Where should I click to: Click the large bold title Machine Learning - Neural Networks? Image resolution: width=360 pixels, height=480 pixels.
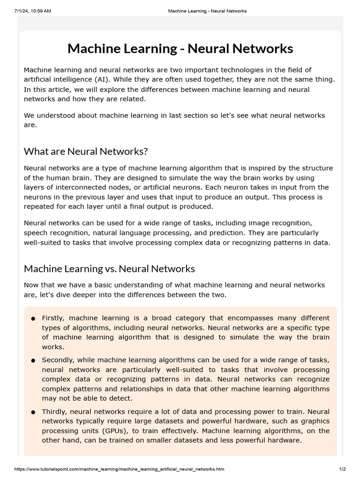pyautogui.click(x=180, y=49)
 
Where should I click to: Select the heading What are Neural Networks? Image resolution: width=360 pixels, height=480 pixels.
pyautogui.click(x=86, y=151)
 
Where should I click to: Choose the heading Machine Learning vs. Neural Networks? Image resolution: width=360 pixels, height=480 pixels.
pyautogui.click(x=109, y=269)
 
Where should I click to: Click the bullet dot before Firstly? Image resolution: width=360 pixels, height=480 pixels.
pyautogui.click(x=33, y=319)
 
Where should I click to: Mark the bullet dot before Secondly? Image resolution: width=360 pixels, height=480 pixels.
pyautogui.click(x=33, y=360)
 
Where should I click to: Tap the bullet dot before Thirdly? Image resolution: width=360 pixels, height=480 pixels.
pyautogui.click(x=33, y=412)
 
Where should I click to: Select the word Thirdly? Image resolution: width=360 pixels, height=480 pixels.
pyautogui.click(x=55, y=412)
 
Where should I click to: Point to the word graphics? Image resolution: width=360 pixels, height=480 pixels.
pyautogui.click(x=315, y=421)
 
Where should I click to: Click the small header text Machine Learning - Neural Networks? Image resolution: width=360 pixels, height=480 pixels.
pyautogui.click(x=207, y=11)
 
